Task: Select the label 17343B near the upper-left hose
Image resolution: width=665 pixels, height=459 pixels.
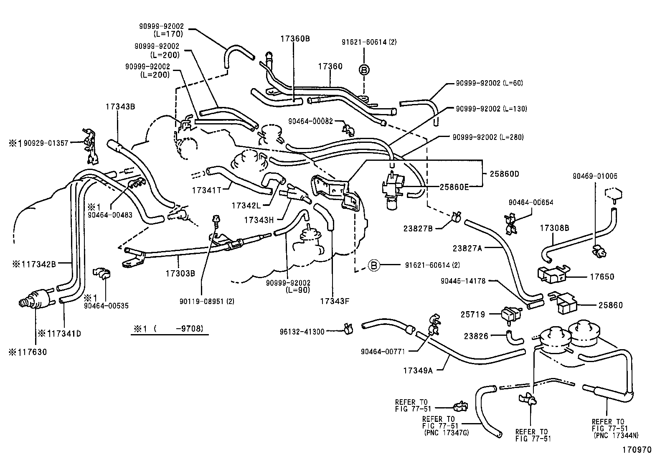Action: [x=120, y=107]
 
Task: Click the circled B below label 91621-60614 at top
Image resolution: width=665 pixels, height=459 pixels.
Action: [x=364, y=70]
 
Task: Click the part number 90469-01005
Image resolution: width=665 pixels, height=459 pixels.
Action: [x=595, y=176]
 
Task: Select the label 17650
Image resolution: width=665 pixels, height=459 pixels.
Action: [x=602, y=276]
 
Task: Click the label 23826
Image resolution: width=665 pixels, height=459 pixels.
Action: [x=476, y=335]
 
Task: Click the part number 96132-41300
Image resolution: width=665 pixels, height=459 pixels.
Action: [x=302, y=332]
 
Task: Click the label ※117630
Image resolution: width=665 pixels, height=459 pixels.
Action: [x=28, y=352]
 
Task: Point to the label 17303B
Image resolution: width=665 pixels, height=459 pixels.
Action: [x=180, y=274]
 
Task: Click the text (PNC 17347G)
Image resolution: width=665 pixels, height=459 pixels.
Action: [x=446, y=433]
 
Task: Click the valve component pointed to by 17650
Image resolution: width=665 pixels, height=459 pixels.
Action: [x=551, y=274]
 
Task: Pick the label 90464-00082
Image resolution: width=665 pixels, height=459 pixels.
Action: [x=310, y=121]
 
